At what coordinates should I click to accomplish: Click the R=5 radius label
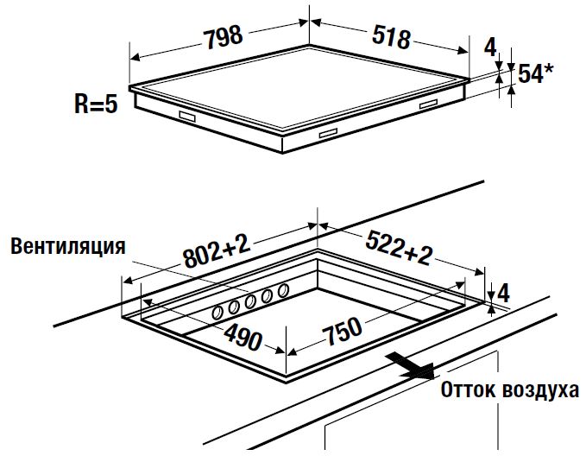click(96, 105)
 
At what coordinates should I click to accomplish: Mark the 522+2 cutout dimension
click(399, 248)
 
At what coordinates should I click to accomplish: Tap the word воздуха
click(541, 389)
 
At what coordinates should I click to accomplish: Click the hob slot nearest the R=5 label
click(188, 116)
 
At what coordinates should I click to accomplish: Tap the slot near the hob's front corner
click(329, 135)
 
